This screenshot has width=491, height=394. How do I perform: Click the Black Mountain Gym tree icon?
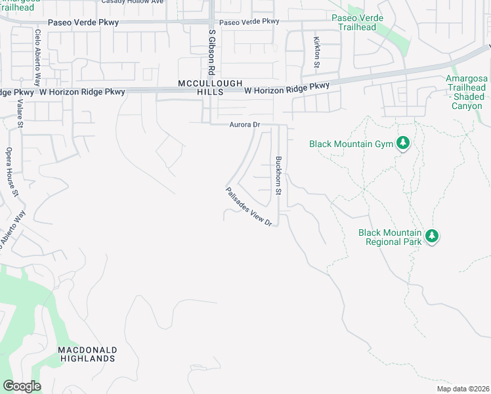click(x=404, y=143)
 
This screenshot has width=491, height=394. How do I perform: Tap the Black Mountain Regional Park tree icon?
click(x=431, y=236)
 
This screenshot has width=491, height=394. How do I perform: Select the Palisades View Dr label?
click(x=249, y=207)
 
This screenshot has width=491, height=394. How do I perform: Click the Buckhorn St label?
click(x=278, y=175)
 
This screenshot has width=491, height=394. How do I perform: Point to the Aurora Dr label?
click(x=245, y=125)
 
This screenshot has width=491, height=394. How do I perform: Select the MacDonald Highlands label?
click(x=87, y=354)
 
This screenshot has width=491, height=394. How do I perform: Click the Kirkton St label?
click(x=316, y=53)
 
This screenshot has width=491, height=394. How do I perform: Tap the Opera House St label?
click(x=11, y=171)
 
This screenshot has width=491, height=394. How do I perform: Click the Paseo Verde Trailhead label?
click(x=354, y=22)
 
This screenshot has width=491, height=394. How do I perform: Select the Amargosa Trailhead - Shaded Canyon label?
click(x=467, y=92)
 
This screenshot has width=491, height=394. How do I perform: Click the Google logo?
click(x=22, y=386)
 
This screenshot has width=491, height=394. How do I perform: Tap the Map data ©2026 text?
click(x=461, y=389)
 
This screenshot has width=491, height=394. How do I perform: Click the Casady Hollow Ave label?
click(x=132, y=2)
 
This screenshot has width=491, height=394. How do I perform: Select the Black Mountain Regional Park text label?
click(x=390, y=237)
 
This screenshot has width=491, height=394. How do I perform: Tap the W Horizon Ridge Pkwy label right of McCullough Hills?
click(x=287, y=87)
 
